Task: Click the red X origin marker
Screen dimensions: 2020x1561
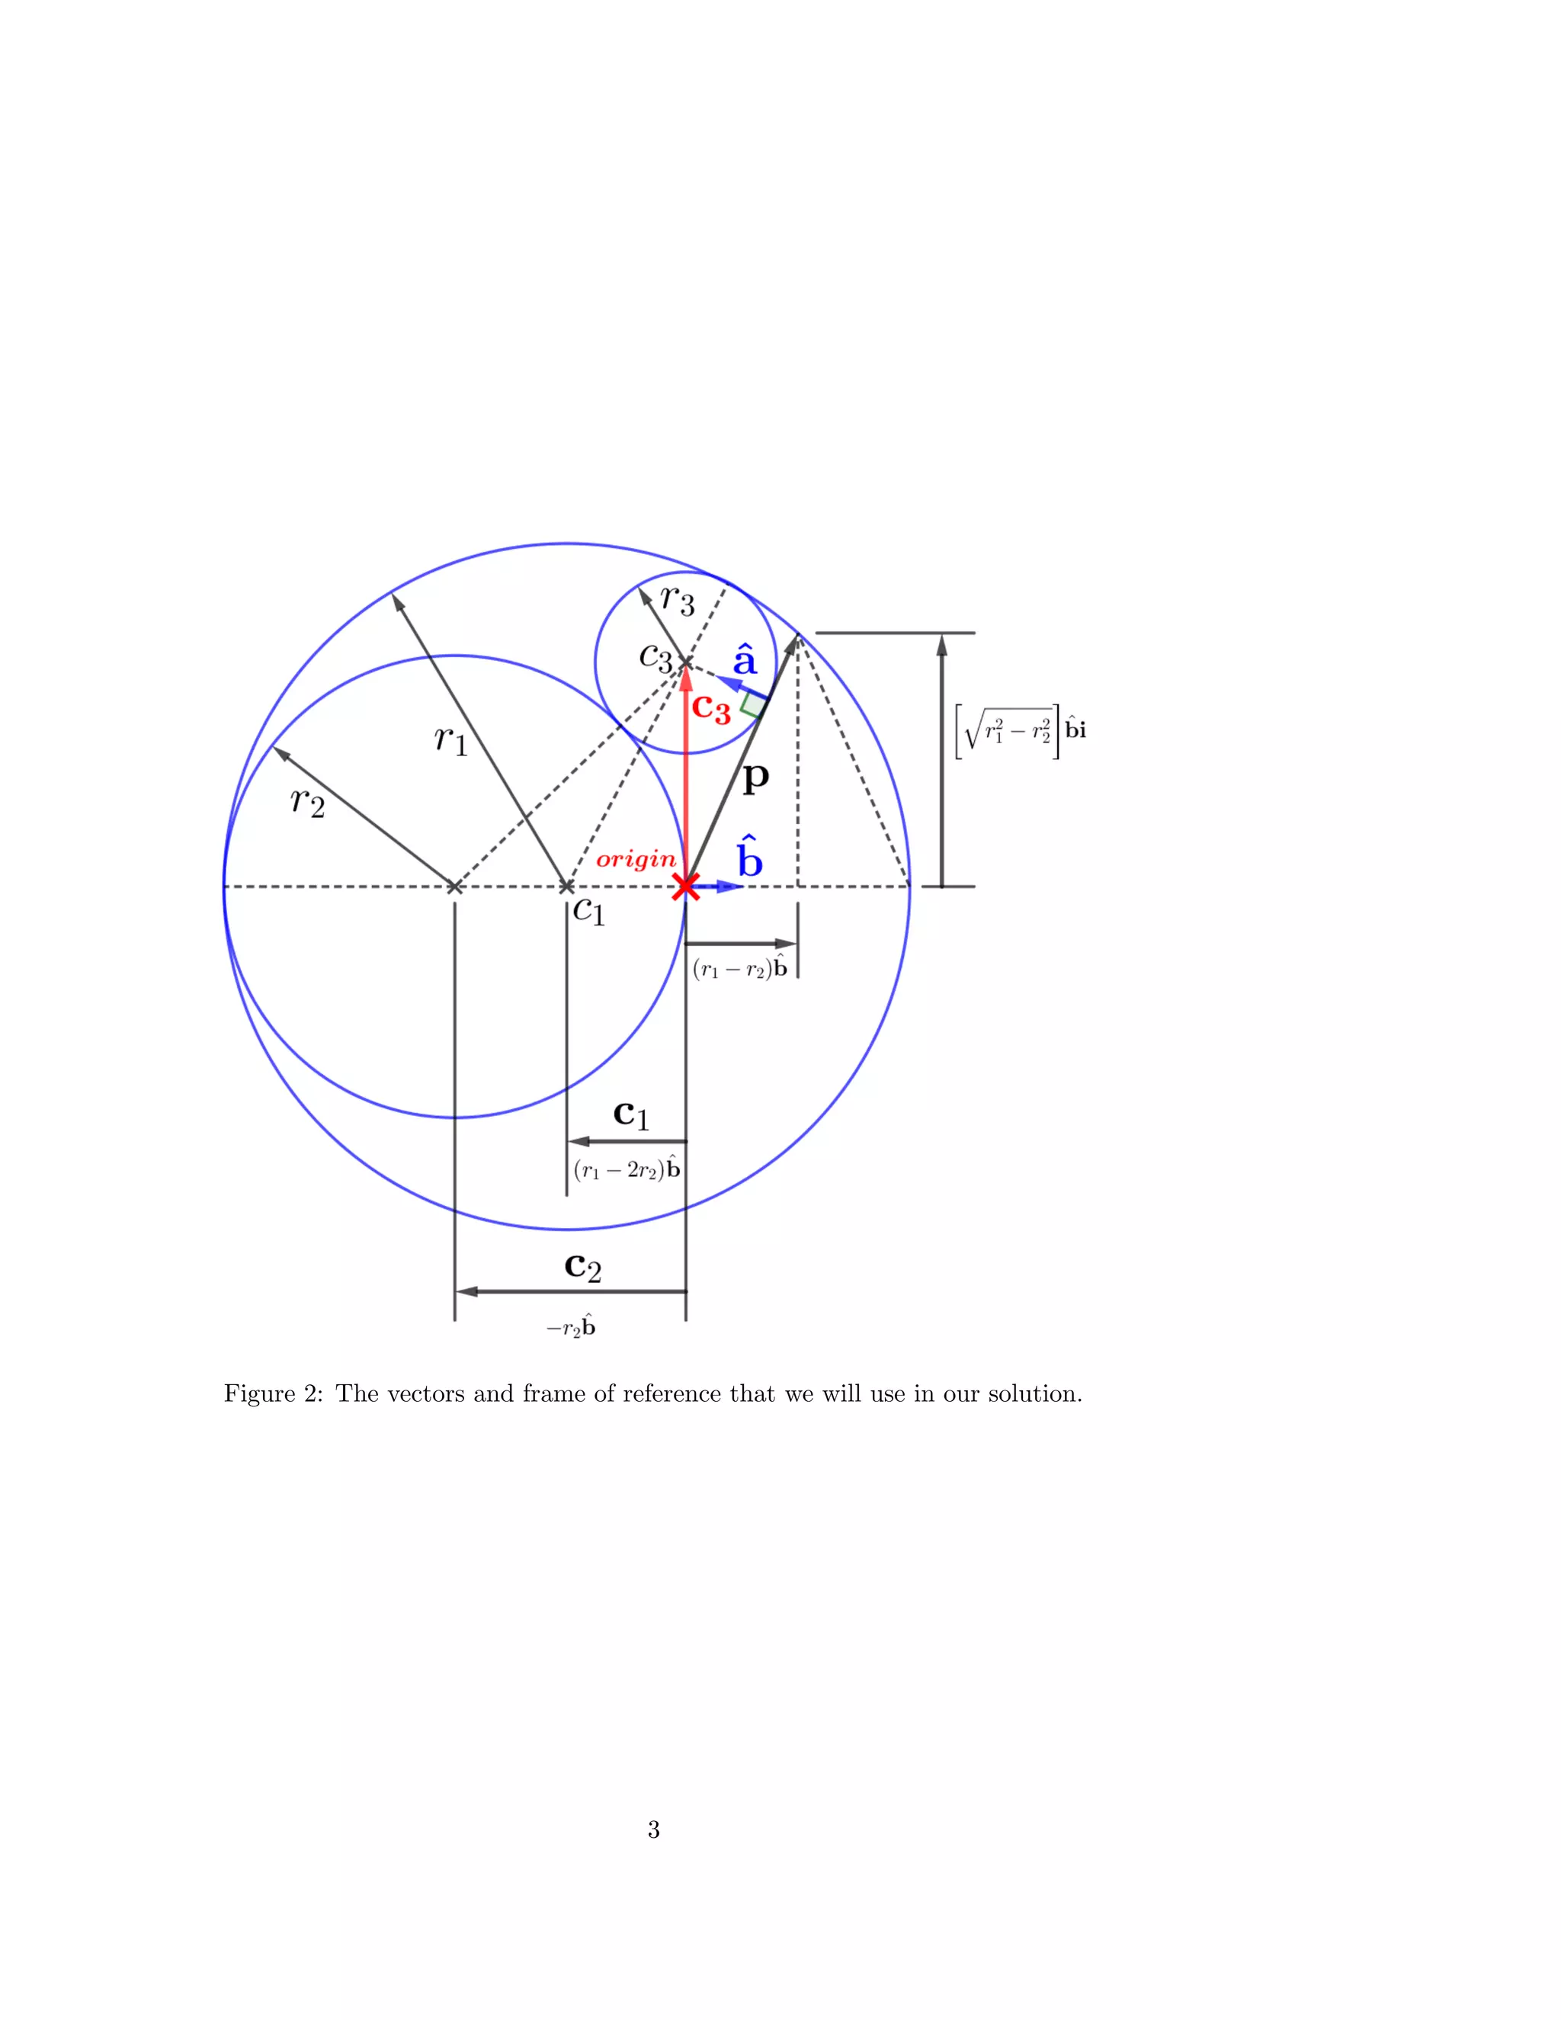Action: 685,886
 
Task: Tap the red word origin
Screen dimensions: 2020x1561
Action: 636,859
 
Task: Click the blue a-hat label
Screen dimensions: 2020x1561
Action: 745,660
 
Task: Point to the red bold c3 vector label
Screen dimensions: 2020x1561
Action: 711,708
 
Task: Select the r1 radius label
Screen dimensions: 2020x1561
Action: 452,740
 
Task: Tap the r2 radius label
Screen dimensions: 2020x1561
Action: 308,801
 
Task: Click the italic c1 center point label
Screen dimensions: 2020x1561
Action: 588,911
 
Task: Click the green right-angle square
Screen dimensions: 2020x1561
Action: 754,706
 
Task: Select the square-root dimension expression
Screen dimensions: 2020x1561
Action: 1020,731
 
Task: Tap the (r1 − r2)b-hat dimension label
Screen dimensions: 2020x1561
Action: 740,968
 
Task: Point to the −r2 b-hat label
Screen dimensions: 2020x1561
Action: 571,1328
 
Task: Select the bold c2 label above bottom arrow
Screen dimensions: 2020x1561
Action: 582,1266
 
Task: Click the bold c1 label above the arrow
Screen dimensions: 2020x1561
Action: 632,1114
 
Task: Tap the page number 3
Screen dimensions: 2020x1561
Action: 653,1829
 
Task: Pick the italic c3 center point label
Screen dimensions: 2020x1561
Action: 656,658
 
